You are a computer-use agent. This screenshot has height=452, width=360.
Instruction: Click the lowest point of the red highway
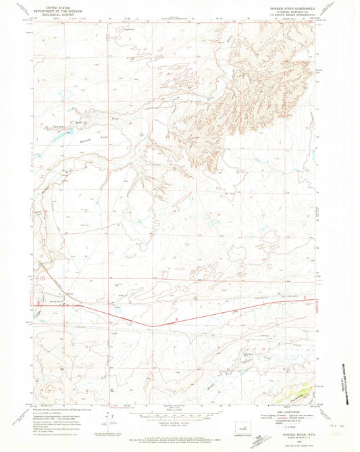tap(155, 326)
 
